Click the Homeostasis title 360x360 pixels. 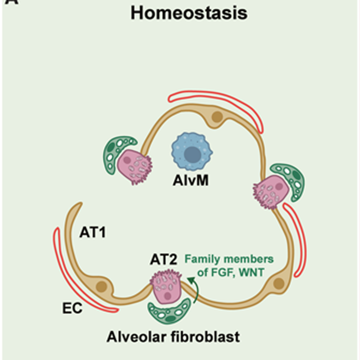(189, 13)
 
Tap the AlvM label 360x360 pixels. (190, 180)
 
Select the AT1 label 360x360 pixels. (93, 233)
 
